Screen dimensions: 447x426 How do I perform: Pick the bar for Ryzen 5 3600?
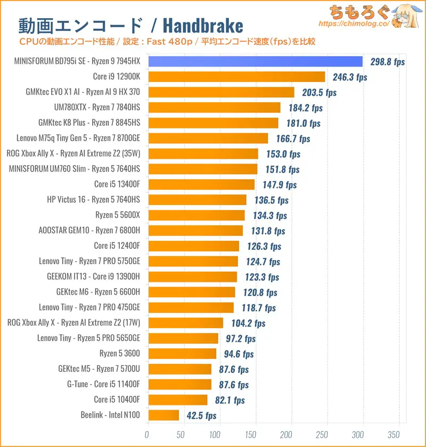[182, 354]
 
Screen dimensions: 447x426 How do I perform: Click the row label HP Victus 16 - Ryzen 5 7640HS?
[94, 200]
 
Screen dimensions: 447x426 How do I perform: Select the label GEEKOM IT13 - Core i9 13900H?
[94, 277]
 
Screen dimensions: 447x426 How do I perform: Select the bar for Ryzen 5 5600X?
[195, 215]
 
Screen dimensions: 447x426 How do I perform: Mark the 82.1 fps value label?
[227, 400]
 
